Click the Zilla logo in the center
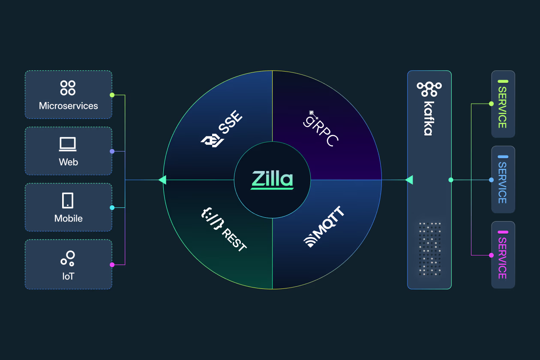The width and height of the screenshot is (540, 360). tap(272, 180)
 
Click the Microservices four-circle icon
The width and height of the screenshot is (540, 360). tap(68, 88)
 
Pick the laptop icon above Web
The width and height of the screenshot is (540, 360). tap(68, 144)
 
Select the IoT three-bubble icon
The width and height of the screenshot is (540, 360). tap(68, 257)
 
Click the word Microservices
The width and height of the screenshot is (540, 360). tap(69, 106)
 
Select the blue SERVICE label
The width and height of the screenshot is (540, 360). tap(502, 180)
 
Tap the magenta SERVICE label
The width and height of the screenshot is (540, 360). tap(502, 255)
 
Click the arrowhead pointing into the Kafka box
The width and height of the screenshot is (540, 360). tap(409, 180)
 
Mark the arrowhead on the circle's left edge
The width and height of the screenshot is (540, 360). tap(162, 180)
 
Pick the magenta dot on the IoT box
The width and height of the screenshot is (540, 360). tap(112, 264)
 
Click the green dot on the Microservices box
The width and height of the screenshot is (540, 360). tap(112, 95)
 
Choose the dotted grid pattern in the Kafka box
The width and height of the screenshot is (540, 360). tap(429, 249)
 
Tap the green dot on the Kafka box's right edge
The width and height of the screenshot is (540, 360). tap(451, 180)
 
